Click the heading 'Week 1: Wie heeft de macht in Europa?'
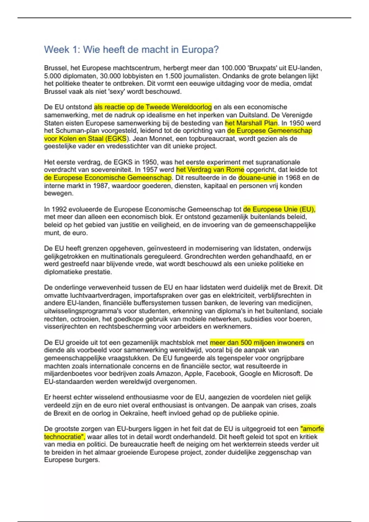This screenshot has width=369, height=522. (x=131, y=49)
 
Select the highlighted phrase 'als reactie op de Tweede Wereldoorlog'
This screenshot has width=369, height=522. (x=153, y=107)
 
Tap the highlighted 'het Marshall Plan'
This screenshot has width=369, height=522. (x=251, y=123)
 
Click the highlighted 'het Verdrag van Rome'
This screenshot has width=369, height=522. (x=210, y=170)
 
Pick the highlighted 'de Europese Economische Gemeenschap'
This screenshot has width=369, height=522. (x=108, y=178)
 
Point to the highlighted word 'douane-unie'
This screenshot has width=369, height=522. (x=257, y=178)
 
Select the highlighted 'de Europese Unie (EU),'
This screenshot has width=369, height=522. (x=279, y=209)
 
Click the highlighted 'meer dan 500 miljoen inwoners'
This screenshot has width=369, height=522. (x=257, y=343)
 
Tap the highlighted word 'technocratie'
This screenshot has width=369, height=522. (x=63, y=437)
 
